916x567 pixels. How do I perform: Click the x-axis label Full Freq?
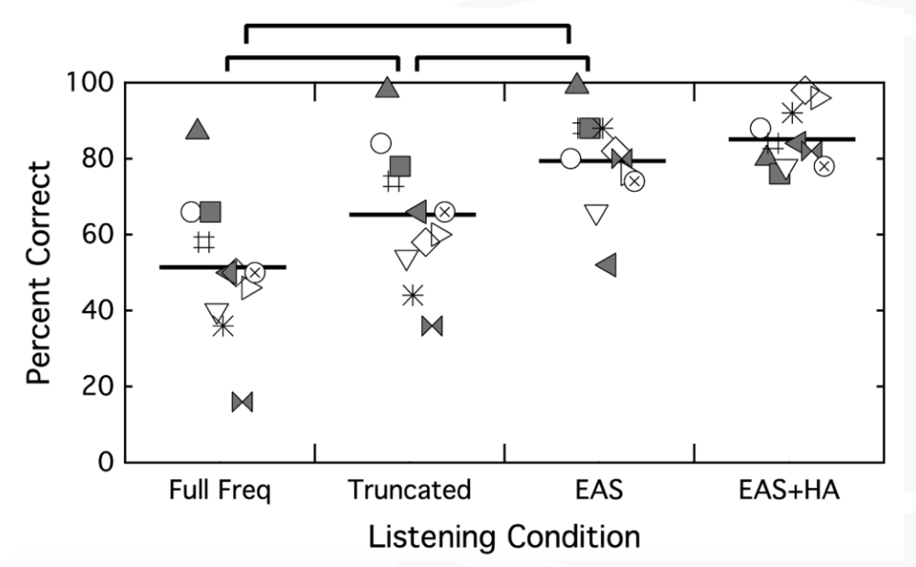[219, 489]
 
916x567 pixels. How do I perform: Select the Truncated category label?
[409, 489]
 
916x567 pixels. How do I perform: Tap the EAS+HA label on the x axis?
[788, 489]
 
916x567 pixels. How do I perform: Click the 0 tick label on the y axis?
[106, 461]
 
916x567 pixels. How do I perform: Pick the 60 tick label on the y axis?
[97, 234]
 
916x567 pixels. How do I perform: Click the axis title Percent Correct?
[39, 272]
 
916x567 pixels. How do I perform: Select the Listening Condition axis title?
[504, 536]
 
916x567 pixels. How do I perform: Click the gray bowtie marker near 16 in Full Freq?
[242, 403]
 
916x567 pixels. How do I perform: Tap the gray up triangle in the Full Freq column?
[197, 129]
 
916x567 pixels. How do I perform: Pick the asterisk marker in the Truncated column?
[413, 295]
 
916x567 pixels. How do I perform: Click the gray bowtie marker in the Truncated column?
[431, 327]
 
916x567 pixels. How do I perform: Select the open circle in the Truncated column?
[381, 143]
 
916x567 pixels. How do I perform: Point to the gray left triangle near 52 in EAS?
[607, 264]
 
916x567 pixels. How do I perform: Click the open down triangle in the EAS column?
[597, 215]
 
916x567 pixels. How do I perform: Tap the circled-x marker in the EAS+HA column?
[823, 167]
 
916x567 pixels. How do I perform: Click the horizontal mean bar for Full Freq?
[222, 267]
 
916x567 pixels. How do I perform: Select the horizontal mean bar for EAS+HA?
[791, 139]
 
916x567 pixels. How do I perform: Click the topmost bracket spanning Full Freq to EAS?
[408, 26]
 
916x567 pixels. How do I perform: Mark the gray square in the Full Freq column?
[210, 212]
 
